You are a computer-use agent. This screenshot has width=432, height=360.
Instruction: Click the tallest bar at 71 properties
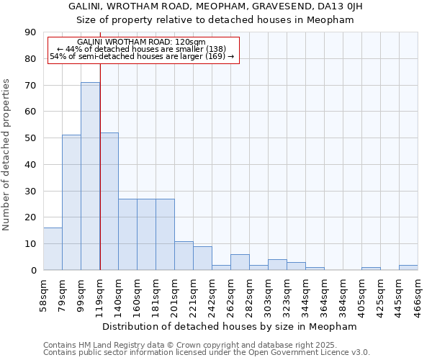point(90,176)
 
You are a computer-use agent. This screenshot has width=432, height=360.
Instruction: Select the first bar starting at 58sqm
point(53,249)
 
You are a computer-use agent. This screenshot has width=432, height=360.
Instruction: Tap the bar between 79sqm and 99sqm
point(71,202)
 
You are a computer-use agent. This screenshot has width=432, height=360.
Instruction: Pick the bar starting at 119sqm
point(109,202)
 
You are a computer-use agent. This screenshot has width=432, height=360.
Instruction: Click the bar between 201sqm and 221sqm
point(184,256)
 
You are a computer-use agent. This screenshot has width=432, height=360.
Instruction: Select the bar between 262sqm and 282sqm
point(240,262)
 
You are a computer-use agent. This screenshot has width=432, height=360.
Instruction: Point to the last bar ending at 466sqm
point(408,268)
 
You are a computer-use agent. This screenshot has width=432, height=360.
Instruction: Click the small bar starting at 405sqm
point(371,269)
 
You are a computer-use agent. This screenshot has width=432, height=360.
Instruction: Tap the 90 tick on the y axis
point(30,32)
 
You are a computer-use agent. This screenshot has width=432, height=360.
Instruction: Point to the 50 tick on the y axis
point(30,138)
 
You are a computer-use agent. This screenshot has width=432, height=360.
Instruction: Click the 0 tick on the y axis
point(33,270)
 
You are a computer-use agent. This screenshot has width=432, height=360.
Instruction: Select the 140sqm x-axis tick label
point(118,295)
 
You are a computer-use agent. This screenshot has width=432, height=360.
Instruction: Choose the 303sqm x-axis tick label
point(268,295)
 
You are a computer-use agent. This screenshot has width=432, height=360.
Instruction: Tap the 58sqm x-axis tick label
point(43,295)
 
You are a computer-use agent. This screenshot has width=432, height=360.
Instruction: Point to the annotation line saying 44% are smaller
point(143,49)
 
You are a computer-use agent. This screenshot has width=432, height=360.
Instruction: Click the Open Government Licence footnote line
point(207,353)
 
